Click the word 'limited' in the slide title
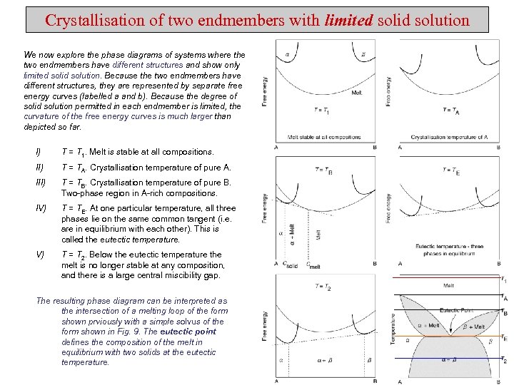348,20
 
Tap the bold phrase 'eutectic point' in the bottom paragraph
188,332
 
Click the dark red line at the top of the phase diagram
450,278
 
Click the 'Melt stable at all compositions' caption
323,137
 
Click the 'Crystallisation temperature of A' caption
449,137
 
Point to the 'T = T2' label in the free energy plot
323,287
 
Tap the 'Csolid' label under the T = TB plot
291,266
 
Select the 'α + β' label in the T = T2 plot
323,361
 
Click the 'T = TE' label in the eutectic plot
451,170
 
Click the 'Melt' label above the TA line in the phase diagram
448,286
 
